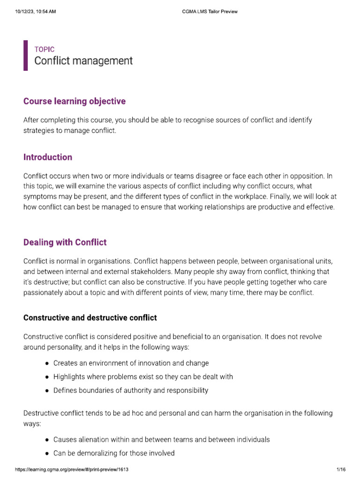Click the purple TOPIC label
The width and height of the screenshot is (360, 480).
45,49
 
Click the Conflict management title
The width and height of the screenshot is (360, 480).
83,61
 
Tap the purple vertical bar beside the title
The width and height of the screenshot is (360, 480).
25,55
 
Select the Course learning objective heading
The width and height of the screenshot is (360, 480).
75,101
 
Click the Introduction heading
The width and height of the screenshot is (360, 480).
48,157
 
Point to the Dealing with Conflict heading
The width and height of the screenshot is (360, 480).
65,242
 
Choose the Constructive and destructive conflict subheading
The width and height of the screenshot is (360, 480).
90,318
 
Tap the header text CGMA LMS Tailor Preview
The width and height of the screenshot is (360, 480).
209,12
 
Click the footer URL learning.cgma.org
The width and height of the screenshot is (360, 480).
72,469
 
